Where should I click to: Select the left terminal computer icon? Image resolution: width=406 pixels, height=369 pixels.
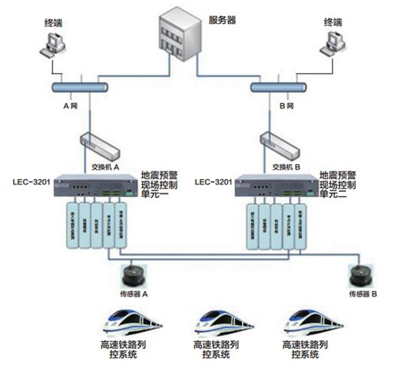point(52,45)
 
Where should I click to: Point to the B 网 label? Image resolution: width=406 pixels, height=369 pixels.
point(286,106)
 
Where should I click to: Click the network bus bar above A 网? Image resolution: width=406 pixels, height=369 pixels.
point(80,87)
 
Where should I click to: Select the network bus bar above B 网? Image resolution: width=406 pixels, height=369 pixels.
point(279,87)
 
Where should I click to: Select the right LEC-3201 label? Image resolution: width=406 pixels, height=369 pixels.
point(213,182)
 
